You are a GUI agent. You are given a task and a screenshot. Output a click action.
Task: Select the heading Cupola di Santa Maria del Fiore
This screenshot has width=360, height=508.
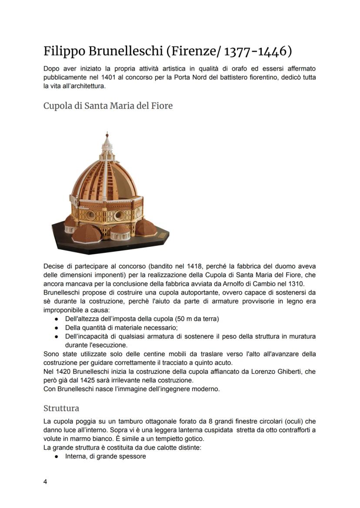(108, 106)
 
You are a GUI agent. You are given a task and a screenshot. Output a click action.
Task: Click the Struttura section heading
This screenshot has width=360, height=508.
(61, 408)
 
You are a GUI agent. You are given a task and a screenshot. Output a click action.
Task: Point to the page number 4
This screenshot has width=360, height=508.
(45, 481)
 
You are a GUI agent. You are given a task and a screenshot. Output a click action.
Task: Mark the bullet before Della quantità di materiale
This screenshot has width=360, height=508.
(57, 328)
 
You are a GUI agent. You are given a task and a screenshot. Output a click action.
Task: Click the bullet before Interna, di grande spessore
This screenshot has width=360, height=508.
(57, 456)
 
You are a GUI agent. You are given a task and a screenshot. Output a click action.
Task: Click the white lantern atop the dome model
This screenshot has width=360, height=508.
(107, 143)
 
